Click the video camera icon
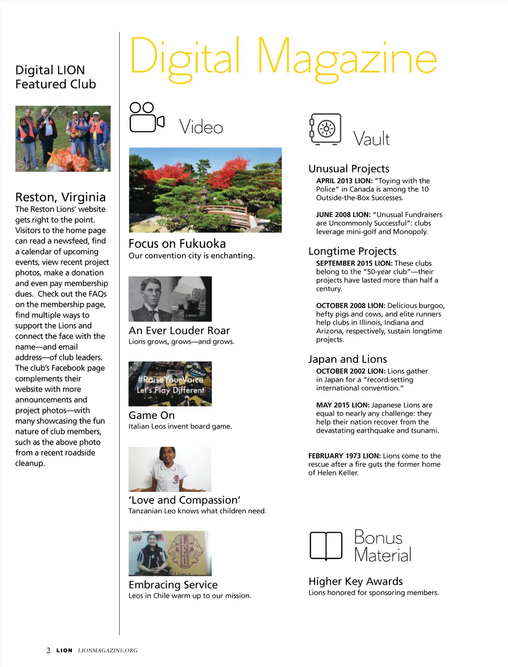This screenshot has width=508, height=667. coord(146,118)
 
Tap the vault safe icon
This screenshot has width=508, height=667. coord(325,129)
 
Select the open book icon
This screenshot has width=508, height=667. coord(326,546)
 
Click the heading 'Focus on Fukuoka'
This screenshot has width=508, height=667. coord(177,244)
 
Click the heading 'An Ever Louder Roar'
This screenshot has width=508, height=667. coord(179,331)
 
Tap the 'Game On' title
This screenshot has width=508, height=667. coord(151,415)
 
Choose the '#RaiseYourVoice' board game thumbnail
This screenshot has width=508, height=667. coord(170,384)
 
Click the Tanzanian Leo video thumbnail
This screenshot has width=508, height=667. coord(170,469)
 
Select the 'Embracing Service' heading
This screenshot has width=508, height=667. coord(173,585)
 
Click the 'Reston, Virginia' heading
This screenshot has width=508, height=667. coord(61,197)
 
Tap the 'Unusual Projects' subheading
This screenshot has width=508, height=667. coord(349,169)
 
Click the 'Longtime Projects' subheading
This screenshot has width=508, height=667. coord(352,251)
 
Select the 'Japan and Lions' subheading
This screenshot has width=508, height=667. coord(347,359)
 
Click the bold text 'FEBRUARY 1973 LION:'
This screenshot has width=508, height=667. coord(344,456)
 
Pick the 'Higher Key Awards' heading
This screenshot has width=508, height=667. coord(355,581)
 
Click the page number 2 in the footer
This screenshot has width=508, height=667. coord(48,650)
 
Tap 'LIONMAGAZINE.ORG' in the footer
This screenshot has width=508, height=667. coord(108,650)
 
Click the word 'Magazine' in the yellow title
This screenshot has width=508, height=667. coord(347,59)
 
